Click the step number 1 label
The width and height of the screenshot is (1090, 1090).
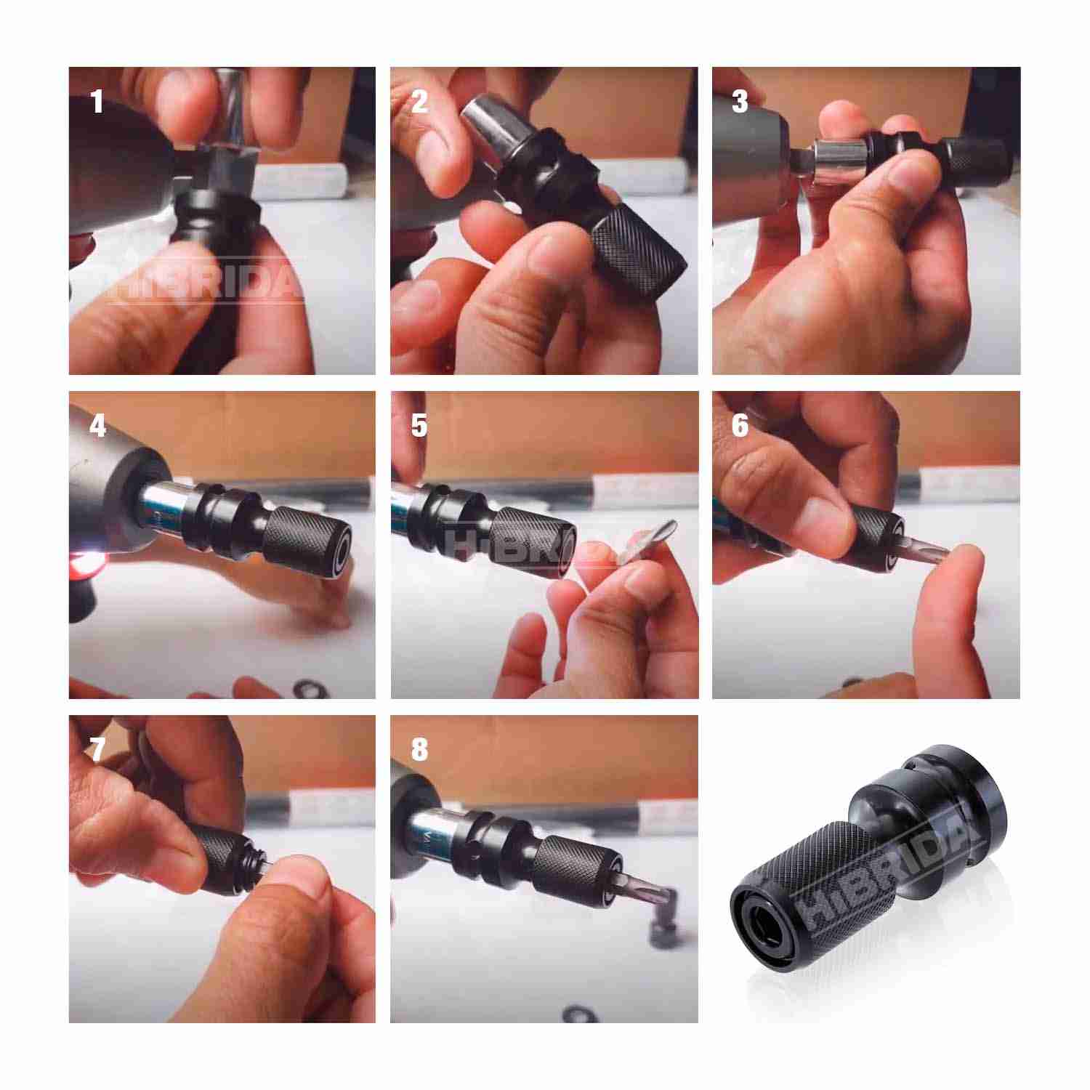click(x=97, y=102)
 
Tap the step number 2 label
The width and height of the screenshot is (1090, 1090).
click(x=419, y=102)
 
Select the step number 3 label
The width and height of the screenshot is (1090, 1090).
click(x=740, y=102)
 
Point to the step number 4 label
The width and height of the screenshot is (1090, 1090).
click(x=97, y=427)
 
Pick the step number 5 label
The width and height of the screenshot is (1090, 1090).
click(x=419, y=427)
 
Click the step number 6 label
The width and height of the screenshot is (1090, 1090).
click(x=740, y=427)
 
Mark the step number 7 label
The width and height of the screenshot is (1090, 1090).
click(x=97, y=751)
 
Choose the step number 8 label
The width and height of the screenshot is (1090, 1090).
click(x=419, y=751)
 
